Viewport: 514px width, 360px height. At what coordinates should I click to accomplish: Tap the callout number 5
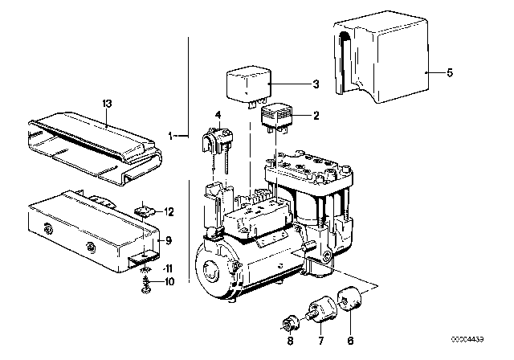(x=450, y=73)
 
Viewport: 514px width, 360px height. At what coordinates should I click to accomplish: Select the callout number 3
(x=316, y=84)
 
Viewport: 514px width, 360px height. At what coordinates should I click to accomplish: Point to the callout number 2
(x=316, y=116)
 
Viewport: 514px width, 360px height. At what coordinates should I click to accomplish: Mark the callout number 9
(x=167, y=239)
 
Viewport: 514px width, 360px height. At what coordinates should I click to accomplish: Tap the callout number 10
(x=168, y=281)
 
